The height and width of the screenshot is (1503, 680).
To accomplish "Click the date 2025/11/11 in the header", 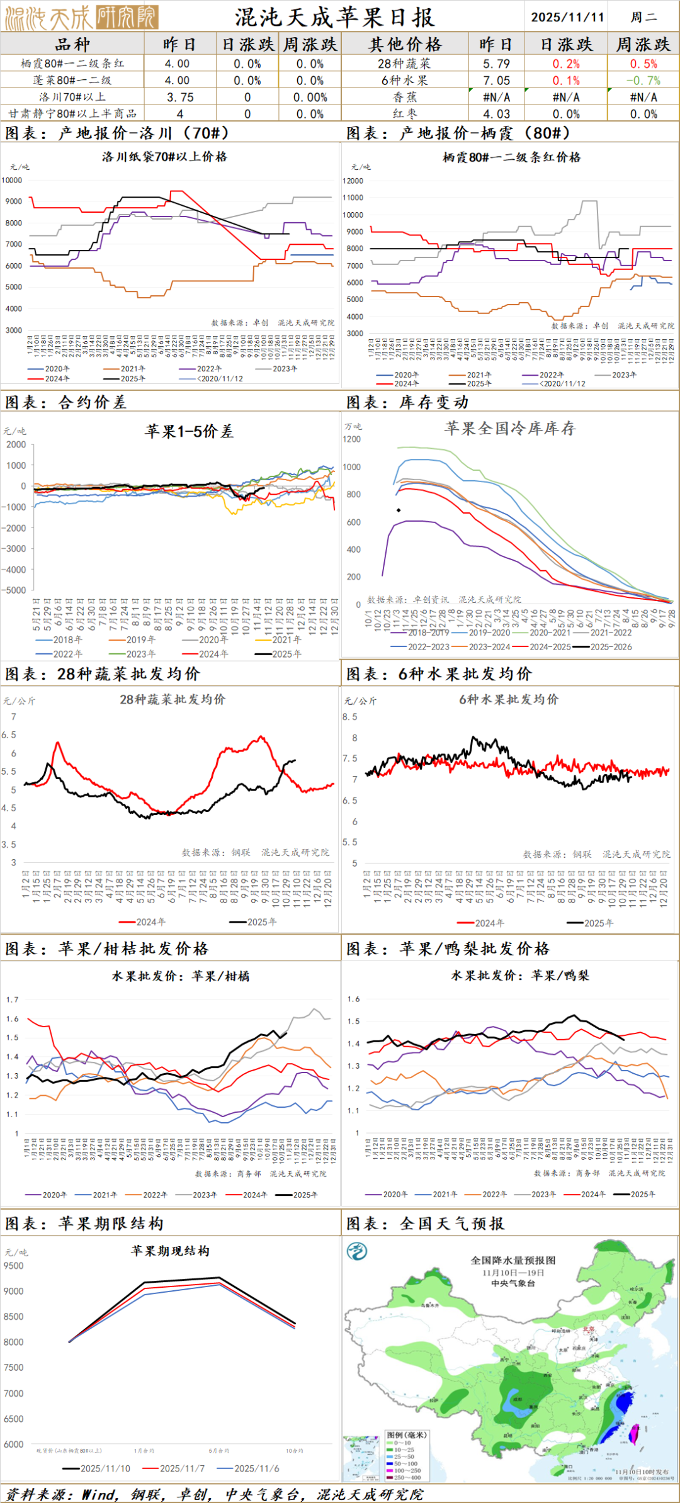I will coord(567,17).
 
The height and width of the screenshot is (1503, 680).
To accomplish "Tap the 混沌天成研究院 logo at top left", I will coord(81,17).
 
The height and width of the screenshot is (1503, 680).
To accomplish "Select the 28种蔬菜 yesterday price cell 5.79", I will coord(496,64).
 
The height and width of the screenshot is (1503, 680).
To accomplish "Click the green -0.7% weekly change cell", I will coord(643,81).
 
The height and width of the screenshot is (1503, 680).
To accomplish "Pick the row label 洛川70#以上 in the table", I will coord(72,97).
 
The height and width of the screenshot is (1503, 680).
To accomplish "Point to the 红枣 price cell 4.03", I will coord(496,114).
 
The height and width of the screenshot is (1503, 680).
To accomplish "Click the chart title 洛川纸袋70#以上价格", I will coord(164,157).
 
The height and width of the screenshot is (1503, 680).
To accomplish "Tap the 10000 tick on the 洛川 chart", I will coord(12,180).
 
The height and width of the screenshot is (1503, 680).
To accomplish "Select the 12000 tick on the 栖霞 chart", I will coord(353,181).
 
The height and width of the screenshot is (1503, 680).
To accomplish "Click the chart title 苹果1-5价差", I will coord(189,431).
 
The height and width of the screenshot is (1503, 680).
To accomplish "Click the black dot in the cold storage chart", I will coord(399,510).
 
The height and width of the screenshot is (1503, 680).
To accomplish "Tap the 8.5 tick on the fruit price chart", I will coord(349,717).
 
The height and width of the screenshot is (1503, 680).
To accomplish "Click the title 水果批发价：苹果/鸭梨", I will coord(520,976).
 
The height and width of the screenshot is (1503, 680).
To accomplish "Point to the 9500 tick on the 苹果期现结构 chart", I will coord(13,1266).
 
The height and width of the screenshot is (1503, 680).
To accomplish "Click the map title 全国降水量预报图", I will coord(513,1260).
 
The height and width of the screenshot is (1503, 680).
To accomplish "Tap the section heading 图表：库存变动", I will coord(407,402).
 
